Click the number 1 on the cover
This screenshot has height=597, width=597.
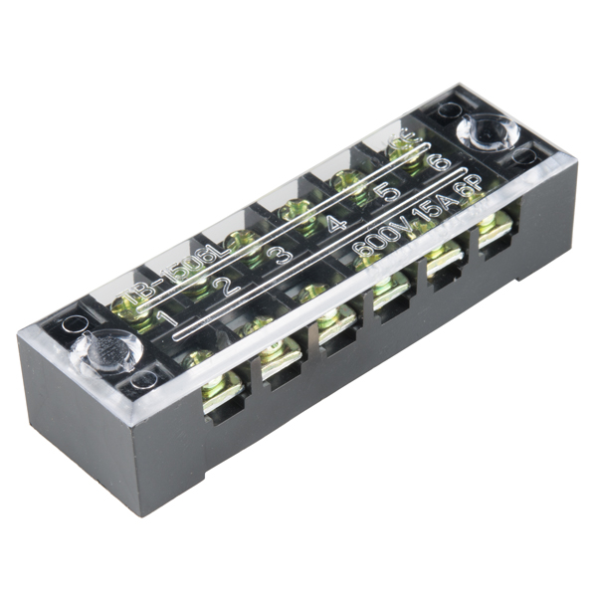coord(168,320)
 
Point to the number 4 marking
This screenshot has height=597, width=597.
coord(337,222)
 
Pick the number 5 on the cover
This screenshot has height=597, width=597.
coord(389,190)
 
